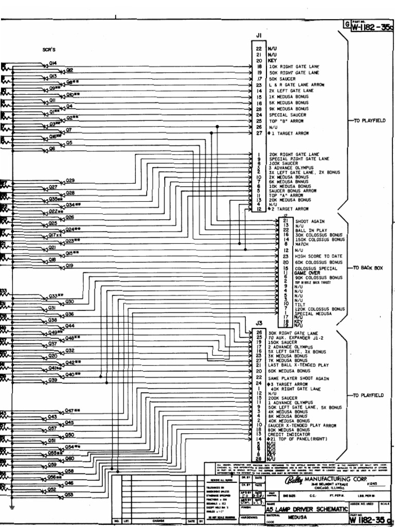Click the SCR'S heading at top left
49,50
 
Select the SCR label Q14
52,63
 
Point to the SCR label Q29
70,181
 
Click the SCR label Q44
70,326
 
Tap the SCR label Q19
69,266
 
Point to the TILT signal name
300,304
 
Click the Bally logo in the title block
285,481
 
